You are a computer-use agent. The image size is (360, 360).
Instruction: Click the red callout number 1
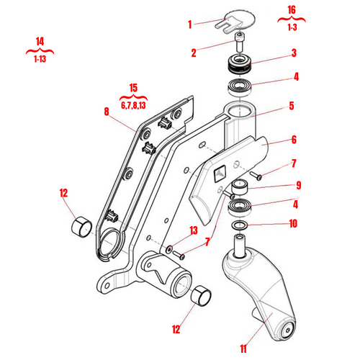190,23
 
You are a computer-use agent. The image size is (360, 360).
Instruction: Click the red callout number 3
294,53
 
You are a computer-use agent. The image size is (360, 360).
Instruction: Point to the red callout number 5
292,105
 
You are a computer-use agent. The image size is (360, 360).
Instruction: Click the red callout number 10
294,223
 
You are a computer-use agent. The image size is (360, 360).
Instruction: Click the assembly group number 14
39,41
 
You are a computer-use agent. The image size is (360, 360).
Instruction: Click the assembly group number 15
132,89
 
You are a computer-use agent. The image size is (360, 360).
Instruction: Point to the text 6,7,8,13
132,105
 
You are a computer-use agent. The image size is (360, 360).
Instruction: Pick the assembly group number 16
291,9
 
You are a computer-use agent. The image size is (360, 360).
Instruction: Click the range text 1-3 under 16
291,26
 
